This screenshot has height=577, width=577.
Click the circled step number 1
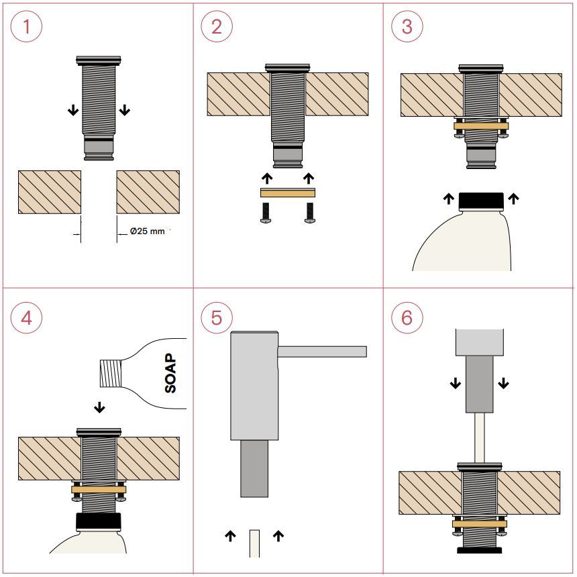[26, 26]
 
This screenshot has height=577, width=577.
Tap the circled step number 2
[217, 26]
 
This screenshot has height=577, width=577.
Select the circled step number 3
[407, 26]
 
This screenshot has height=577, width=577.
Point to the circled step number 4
[26, 317]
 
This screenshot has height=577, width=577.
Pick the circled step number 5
[217, 317]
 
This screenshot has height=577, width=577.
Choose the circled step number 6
[407, 317]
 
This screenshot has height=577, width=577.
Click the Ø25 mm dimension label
[147, 231]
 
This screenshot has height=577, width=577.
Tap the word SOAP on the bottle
[170, 373]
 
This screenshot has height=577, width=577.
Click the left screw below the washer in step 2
[266, 213]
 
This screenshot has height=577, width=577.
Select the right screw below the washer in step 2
[310, 213]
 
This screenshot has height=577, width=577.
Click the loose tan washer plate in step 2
[288, 193]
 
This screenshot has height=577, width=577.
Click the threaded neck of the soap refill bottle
[111, 373]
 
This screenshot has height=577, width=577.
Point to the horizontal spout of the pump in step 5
[322, 352]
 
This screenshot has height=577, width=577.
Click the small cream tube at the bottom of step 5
[254, 543]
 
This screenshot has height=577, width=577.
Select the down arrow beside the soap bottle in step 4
[99, 407]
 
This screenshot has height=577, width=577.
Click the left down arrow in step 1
[73, 110]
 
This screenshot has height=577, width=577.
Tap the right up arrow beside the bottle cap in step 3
[513, 199]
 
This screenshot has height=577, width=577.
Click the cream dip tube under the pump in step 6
[480, 438]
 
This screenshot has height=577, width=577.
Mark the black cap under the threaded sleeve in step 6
[480, 550]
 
